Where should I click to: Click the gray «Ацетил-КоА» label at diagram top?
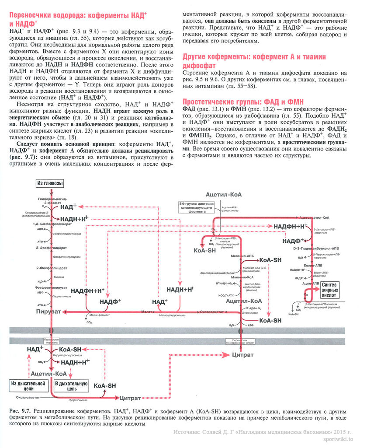click(x=225, y=194)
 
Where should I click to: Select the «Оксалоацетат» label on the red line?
click(x=212, y=311)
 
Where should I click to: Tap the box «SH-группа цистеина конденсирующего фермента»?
click(x=196, y=206)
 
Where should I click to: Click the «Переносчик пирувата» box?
click(x=51, y=341)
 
